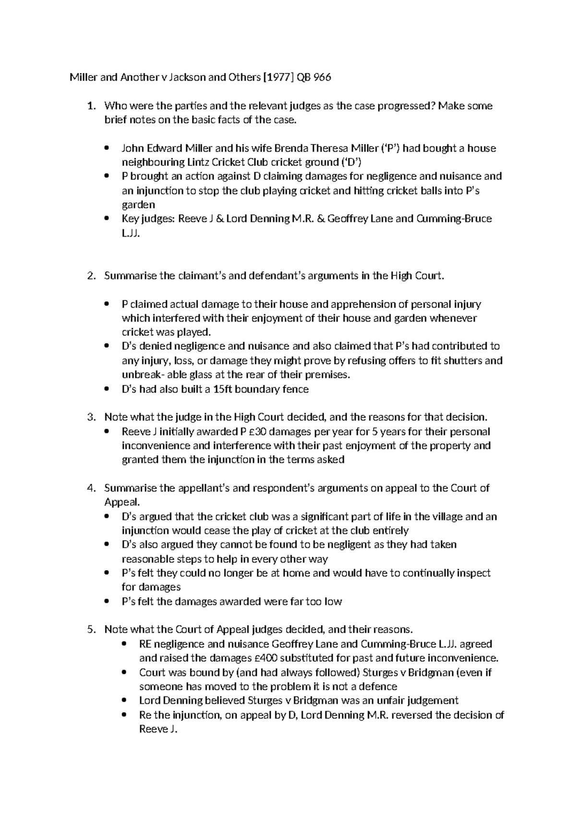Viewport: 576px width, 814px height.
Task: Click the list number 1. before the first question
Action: [x=91, y=106]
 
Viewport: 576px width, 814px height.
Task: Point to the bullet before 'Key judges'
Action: [x=107, y=219]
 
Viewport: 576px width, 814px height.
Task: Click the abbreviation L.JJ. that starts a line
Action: [x=131, y=233]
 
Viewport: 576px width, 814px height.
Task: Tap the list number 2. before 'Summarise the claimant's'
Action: [x=91, y=276]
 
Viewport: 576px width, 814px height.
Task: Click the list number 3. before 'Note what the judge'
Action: [x=91, y=417]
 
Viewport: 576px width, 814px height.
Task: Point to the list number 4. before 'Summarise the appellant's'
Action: [x=91, y=488]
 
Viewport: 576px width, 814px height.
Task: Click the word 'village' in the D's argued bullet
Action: [x=446, y=517]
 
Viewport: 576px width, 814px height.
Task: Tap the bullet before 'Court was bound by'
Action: [x=124, y=672]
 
